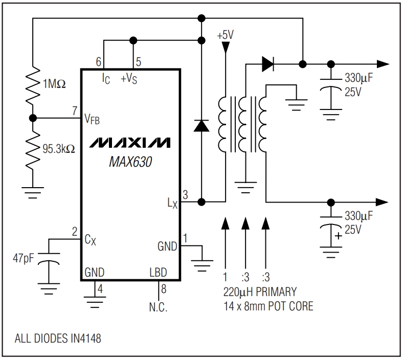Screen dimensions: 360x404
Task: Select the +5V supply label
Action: tap(226, 36)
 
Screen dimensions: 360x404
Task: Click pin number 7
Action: tap(75, 110)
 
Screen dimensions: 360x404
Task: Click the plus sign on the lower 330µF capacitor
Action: tap(338, 237)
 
